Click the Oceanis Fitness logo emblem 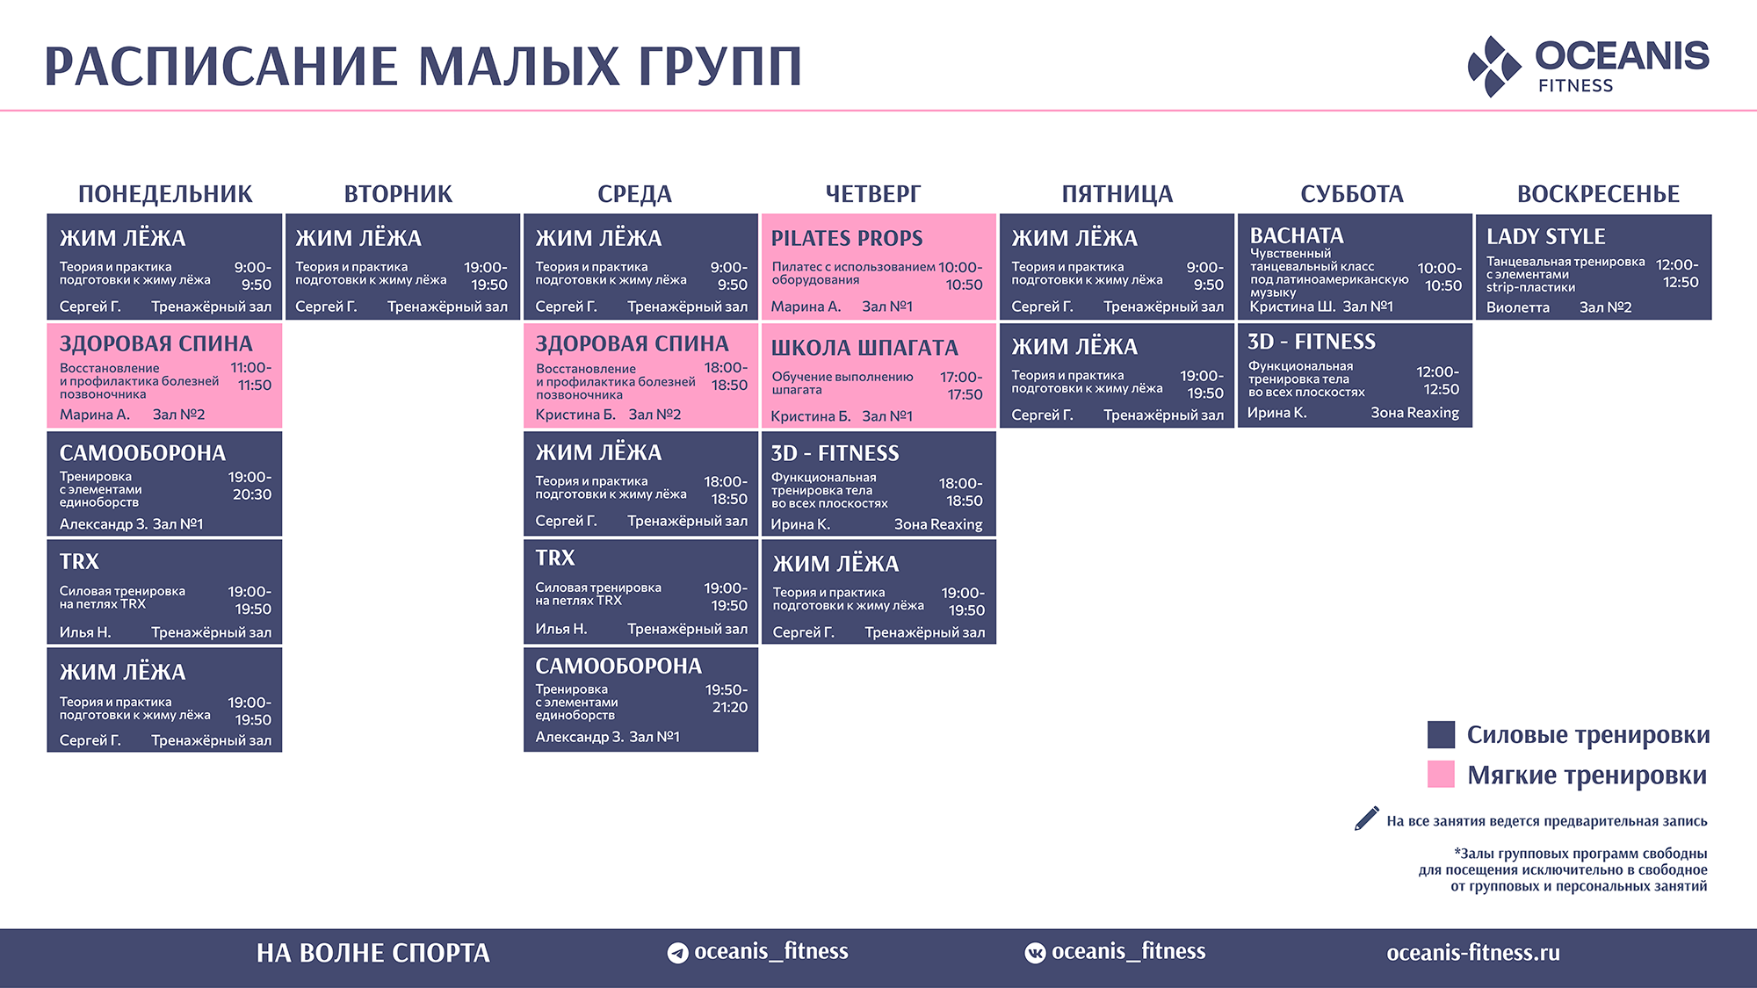(1494, 66)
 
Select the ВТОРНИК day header (398, 194)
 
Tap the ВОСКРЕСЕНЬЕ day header (1598, 194)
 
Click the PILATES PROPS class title (847, 238)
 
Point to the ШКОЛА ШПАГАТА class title (864, 348)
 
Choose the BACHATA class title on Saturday (1297, 235)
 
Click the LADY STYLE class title (1545, 236)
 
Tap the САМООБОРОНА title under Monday (142, 453)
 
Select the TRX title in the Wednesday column (555, 558)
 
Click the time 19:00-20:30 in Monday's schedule (250, 486)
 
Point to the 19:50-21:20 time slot (727, 698)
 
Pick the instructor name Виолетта (1518, 307)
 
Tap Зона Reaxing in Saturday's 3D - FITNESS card (1414, 413)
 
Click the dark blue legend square (1441, 734)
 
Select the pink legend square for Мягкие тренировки (1441, 774)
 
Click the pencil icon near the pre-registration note (1366, 818)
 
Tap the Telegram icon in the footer (677, 953)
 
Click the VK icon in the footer (1035, 953)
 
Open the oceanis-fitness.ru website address (1473, 953)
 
